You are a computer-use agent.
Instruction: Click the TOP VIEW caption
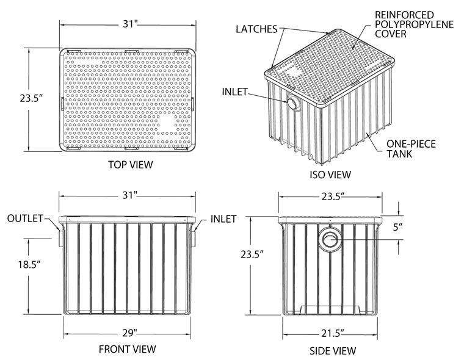pyautogui.click(x=131, y=165)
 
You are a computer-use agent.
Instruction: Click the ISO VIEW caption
pyautogui.click(x=330, y=175)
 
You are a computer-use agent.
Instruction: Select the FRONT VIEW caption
pyautogui.click(x=127, y=349)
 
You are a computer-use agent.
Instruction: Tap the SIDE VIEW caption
pyautogui.click(x=333, y=351)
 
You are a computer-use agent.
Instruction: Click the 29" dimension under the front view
pyautogui.click(x=130, y=333)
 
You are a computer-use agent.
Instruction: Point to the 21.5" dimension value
pyautogui.click(x=333, y=333)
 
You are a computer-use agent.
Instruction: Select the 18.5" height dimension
pyautogui.click(x=29, y=264)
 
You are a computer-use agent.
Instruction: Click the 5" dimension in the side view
pyautogui.click(x=397, y=227)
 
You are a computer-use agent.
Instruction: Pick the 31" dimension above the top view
pyautogui.click(x=130, y=24)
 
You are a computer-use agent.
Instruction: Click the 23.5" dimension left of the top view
pyautogui.click(x=32, y=98)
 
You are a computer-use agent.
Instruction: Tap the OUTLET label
pyautogui.click(x=26, y=218)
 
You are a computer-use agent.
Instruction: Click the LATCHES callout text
pyautogui.click(x=256, y=29)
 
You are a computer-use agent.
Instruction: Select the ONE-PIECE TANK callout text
pyautogui.click(x=411, y=149)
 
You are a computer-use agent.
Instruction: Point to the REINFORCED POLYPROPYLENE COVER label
pyautogui.click(x=415, y=24)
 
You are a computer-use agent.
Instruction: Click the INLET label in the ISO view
pyautogui.click(x=234, y=92)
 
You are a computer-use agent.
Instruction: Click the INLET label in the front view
pyautogui.click(x=223, y=219)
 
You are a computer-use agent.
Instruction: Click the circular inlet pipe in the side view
pyautogui.click(x=330, y=240)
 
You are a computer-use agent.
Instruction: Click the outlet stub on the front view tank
pyautogui.click(x=61, y=239)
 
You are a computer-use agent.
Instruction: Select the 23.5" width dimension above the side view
pyautogui.click(x=333, y=196)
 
